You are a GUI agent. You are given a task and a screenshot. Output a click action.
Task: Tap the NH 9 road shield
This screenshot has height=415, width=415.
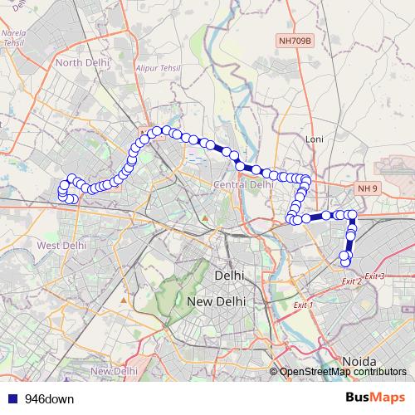pos(368,189)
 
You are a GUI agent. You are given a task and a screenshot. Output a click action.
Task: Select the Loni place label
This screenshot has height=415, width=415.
pos(314,139)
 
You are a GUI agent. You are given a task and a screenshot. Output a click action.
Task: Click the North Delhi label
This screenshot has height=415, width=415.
pos(82,61)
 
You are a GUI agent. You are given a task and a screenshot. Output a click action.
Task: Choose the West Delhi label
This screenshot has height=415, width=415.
pos(61,245)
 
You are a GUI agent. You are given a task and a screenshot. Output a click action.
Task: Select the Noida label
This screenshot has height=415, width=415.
pos(359,362)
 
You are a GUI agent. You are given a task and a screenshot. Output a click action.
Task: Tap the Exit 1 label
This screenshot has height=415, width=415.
pos(304,305)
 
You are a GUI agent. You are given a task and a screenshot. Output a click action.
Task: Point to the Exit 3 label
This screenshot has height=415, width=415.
pos(374,275)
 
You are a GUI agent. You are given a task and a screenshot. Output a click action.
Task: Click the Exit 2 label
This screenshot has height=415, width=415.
pos(352,282)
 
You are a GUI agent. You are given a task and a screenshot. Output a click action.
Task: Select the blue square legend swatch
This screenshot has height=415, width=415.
pos(11,398)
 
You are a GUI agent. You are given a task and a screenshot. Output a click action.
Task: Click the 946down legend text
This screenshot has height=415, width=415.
pos(49,398)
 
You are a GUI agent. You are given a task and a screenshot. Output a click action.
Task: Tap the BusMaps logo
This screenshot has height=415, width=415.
pos(375,398)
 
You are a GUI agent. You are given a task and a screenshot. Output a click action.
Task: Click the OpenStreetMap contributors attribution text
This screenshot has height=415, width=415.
pos(343,372)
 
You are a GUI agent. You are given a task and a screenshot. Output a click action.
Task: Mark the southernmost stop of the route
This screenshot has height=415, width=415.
pos(345,262)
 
